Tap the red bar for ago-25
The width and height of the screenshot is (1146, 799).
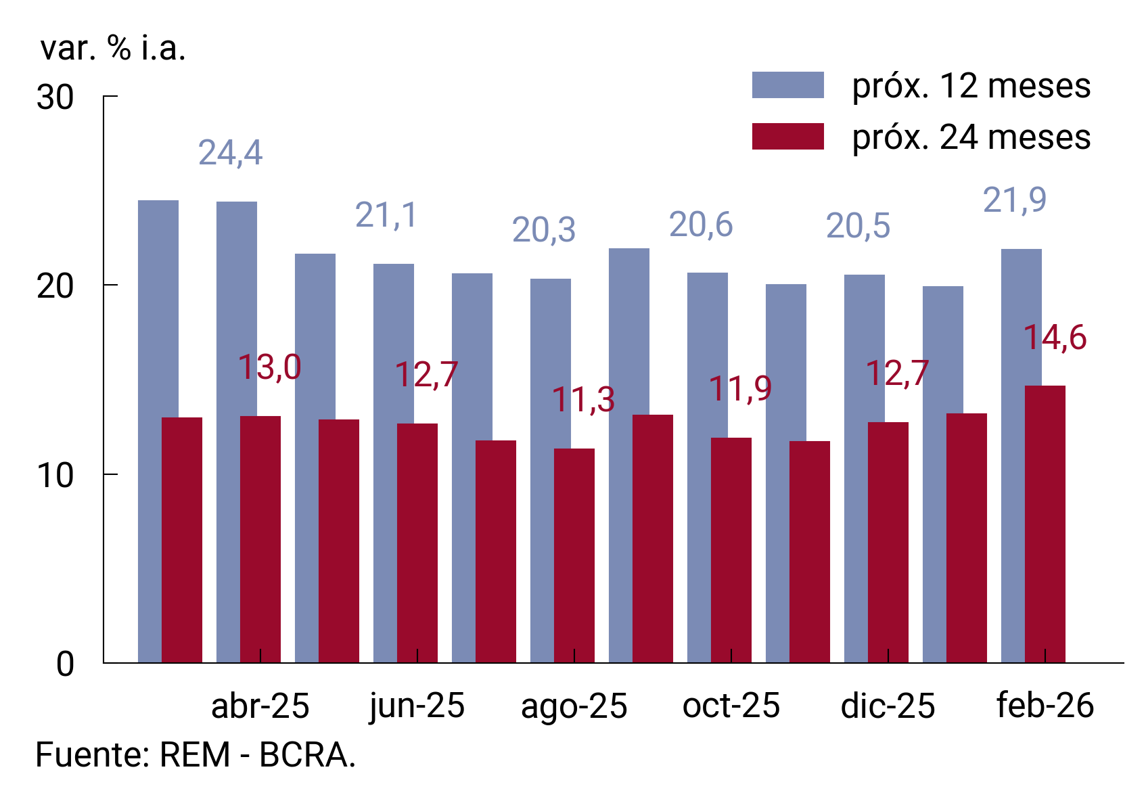tap(574, 555)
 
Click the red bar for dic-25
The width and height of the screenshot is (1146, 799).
tap(888, 541)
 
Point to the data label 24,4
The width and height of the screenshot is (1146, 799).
tap(230, 153)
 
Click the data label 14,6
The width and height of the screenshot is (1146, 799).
tap(1054, 338)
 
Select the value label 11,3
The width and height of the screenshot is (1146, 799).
tap(583, 400)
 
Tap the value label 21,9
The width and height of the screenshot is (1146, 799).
tap(1014, 200)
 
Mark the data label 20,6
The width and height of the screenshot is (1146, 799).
tap(701, 225)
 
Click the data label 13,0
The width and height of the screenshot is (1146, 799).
tap(269, 367)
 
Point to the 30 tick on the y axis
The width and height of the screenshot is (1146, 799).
tap(55, 97)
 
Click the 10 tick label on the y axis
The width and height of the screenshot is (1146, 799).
tap(55, 476)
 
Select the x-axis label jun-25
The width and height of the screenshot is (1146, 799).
tap(417, 706)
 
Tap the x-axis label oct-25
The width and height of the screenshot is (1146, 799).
tap(731, 706)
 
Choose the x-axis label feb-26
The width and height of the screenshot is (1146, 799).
tap(1045, 706)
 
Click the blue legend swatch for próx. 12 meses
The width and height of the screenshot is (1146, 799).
tap(787, 86)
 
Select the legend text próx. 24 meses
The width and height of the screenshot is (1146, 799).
tap(971, 137)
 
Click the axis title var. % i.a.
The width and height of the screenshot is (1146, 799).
tap(113, 49)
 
